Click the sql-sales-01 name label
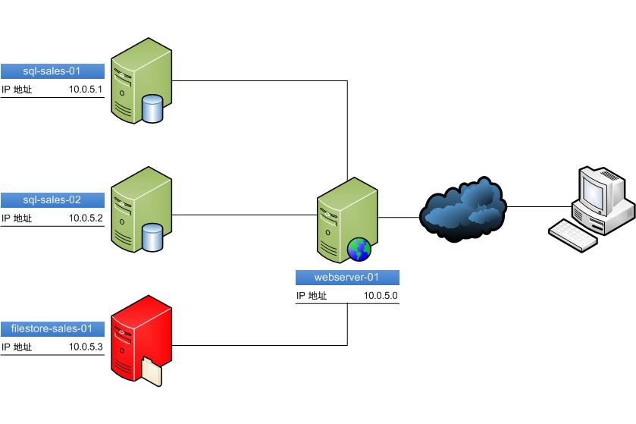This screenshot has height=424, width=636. [52, 71]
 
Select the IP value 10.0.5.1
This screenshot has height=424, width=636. [85, 90]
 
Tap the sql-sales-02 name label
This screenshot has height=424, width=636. [52, 200]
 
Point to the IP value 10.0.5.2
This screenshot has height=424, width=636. [85, 218]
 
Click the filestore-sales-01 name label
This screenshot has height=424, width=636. [52, 328]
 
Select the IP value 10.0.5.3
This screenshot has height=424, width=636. [85, 347]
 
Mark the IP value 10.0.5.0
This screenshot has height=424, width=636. [381, 296]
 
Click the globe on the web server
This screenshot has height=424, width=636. [358, 249]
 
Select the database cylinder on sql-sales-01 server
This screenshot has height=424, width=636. [152, 109]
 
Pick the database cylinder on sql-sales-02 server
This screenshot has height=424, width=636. [152, 238]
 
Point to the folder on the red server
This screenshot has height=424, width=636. [152, 372]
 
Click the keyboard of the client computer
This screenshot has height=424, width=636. [572, 234]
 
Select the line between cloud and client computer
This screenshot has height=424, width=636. [538, 206]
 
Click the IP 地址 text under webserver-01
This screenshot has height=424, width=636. [312, 296]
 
